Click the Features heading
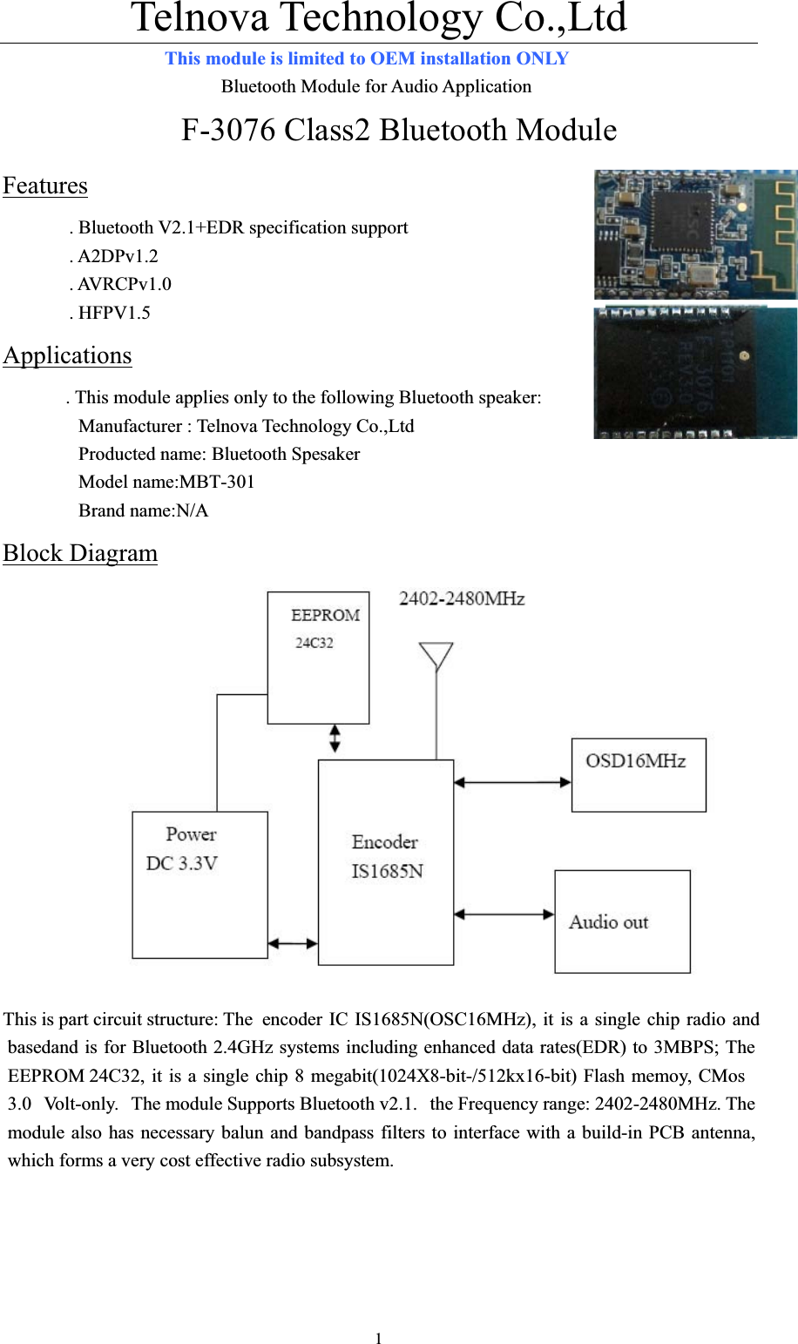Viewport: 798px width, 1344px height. tap(45, 186)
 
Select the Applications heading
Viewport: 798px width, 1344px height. tap(67, 355)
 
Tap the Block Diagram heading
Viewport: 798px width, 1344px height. tap(80, 553)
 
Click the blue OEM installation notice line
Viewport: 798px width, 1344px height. tap(367, 58)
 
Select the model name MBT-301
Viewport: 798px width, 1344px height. tap(166, 482)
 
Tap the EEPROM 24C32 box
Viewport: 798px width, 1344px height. tap(318, 658)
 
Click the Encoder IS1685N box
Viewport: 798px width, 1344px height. tap(386, 861)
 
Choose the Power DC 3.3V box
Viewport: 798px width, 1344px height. tap(199, 884)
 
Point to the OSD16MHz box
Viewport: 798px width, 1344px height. tap(639, 774)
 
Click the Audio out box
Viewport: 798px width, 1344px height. tap(622, 921)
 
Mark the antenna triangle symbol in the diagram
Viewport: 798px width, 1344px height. tap(436, 654)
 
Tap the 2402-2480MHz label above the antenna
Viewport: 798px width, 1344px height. tap(462, 598)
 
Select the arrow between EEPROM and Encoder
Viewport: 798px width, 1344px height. tap(335, 739)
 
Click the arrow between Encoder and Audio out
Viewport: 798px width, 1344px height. tap(504, 914)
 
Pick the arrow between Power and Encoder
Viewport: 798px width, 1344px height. tap(293, 942)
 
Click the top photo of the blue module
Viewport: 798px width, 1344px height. tap(695, 234)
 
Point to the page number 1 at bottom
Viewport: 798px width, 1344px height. tap(379, 1338)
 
